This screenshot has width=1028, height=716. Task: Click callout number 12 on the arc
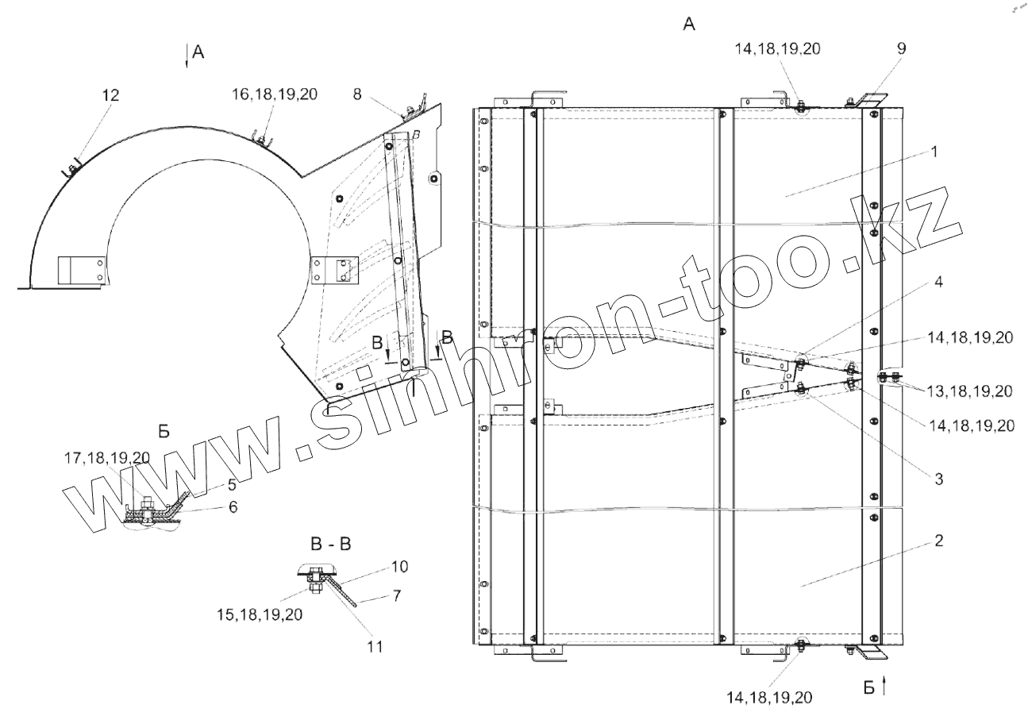click(x=110, y=95)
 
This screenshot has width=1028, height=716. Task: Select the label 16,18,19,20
click(x=275, y=94)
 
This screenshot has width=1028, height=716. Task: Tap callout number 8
click(x=357, y=94)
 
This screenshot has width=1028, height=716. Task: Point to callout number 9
click(x=901, y=48)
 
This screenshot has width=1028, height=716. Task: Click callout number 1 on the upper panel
click(x=935, y=152)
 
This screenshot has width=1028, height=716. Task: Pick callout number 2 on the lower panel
click(x=939, y=541)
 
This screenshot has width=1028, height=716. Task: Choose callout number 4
click(x=938, y=282)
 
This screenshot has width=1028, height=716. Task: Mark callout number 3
click(x=939, y=479)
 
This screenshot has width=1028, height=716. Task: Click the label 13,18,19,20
click(x=970, y=391)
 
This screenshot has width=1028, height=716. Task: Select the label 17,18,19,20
click(x=107, y=457)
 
